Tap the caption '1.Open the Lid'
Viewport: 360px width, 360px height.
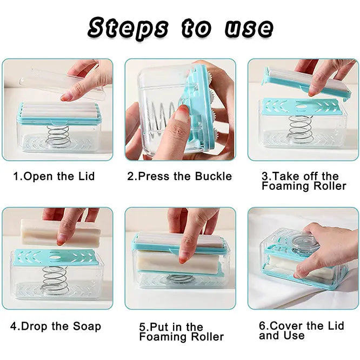(x=54, y=176)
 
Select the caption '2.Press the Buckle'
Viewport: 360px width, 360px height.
(x=179, y=176)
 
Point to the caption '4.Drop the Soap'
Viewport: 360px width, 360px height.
(x=56, y=326)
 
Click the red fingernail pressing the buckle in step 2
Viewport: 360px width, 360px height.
(x=183, y=114)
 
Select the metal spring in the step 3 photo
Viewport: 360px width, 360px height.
(x=301, y=129)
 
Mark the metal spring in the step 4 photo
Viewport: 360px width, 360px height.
(x=55, y=281)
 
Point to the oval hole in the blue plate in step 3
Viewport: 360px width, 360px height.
(x=301, y=107)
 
